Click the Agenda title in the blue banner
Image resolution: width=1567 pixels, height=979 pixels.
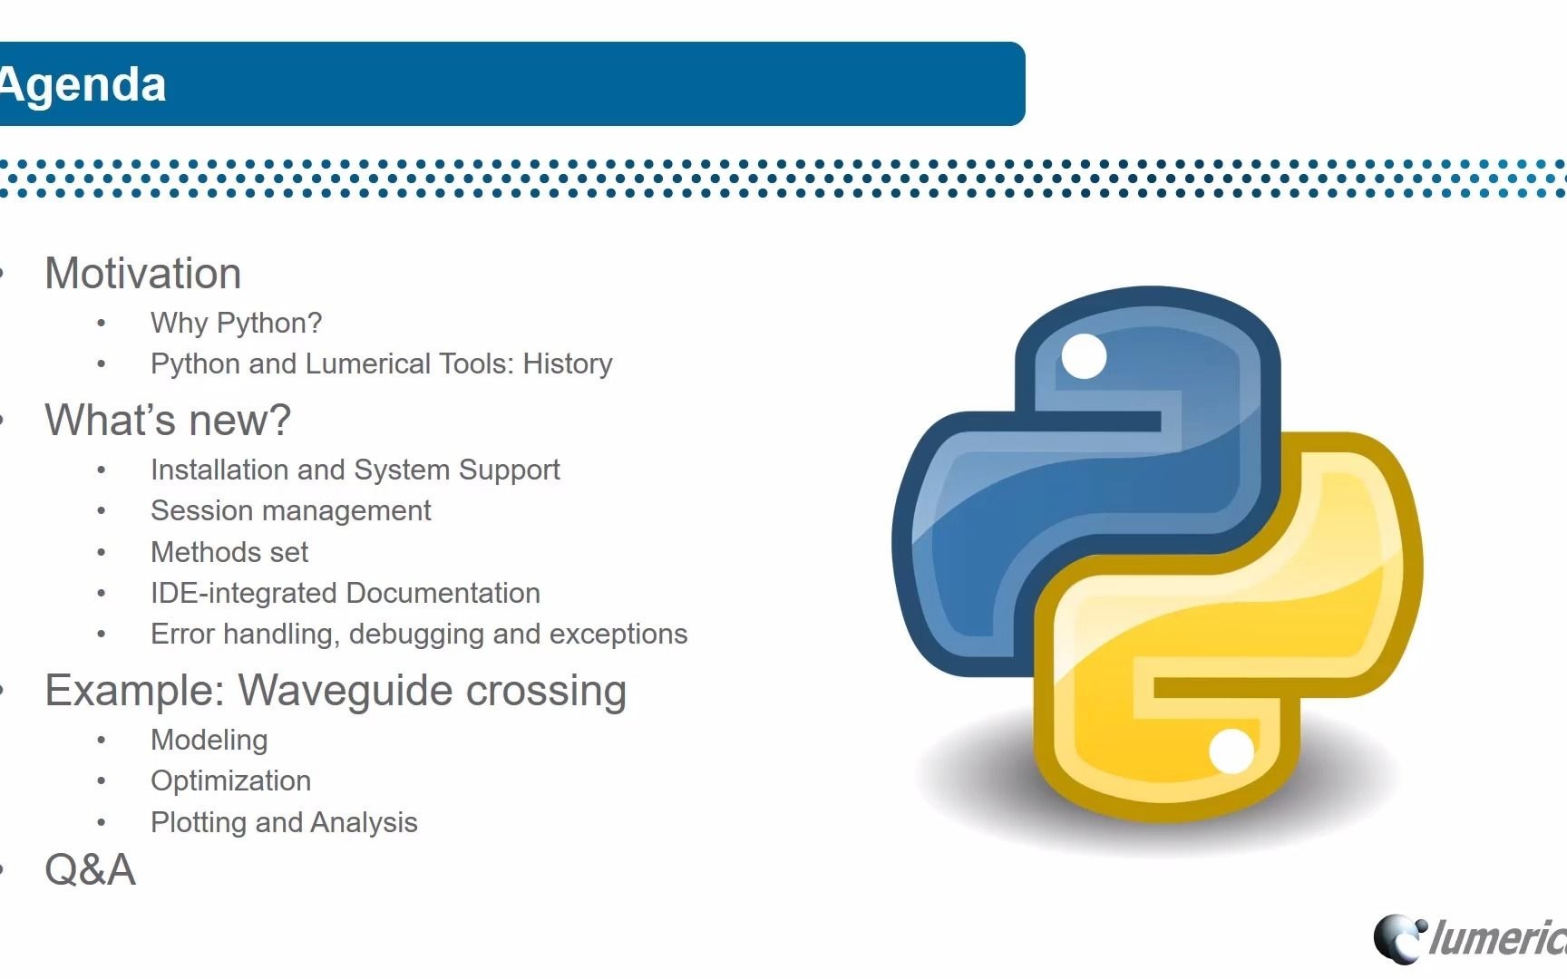(83, 85)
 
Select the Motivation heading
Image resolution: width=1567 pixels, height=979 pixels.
(142, 274)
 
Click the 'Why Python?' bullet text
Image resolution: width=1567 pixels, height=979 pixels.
(236, 324)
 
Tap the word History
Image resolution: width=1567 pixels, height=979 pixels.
(567, 364)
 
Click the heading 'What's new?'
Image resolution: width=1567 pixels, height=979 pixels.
(168, 421)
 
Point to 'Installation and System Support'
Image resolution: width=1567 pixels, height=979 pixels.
(355, 470)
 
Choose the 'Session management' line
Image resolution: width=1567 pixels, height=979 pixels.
(290, 511)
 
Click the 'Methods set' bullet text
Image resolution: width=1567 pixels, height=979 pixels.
(229, 552)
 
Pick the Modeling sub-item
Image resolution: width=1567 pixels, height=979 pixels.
(209, 741)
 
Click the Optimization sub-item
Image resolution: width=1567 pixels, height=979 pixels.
(230, 781)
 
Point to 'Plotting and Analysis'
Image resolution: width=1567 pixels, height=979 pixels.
(284, 823)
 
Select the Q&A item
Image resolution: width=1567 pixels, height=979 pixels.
(90, 870)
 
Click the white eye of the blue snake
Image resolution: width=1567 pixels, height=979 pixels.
(1084, 356)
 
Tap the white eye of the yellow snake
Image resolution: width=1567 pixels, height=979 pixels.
(1231, 751)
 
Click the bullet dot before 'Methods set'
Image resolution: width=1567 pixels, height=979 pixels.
(102, 553)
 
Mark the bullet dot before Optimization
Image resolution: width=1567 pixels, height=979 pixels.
(102, 781)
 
